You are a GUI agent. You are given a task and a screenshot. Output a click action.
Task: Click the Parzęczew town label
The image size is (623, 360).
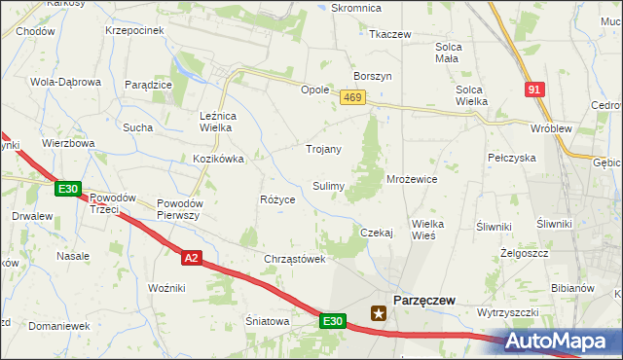[423, 301]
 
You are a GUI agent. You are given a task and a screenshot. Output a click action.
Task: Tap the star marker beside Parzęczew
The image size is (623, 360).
[379, 313]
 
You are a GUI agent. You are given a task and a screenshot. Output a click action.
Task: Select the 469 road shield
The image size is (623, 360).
[352, 97]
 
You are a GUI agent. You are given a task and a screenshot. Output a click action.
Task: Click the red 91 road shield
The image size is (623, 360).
[534, 90]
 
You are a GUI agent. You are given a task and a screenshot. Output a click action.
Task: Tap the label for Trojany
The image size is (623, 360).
[323, 149]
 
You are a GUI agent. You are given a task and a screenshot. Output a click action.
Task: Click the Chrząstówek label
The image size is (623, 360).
[294, 259]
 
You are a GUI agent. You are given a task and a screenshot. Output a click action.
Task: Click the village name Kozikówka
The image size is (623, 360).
[217, 158]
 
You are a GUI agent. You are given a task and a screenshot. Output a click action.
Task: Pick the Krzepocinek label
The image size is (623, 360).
[134, 30]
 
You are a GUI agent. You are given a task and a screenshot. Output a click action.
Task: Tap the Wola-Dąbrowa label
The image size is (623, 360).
[66, 82]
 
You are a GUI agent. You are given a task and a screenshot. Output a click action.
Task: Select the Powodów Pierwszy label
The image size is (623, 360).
[178, 209]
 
